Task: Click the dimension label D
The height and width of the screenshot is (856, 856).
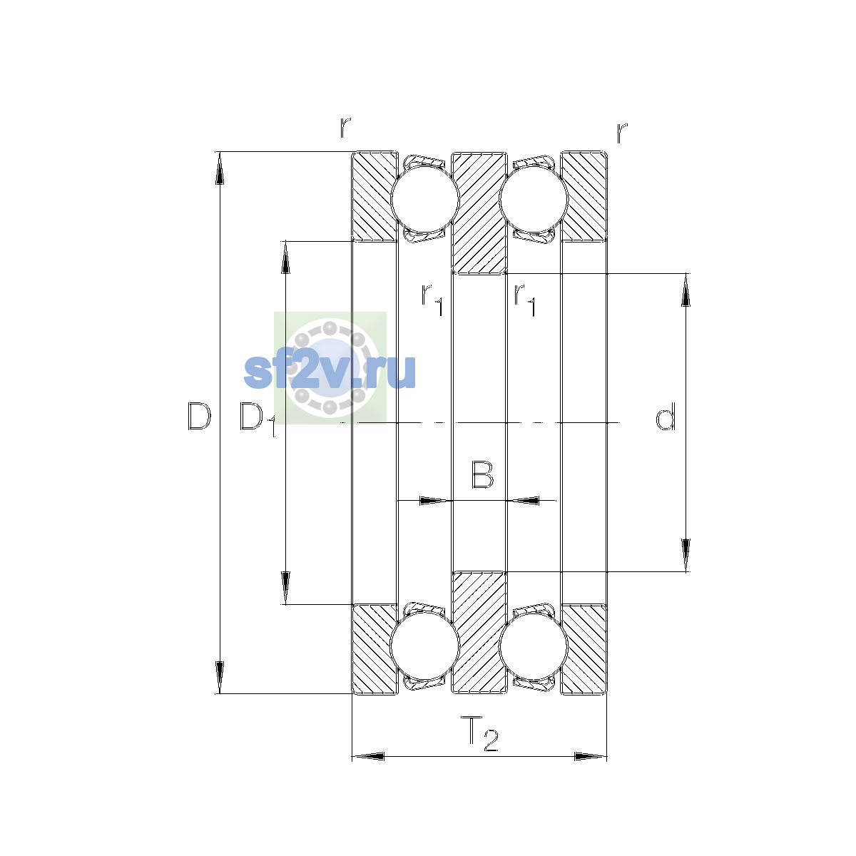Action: (200, 416)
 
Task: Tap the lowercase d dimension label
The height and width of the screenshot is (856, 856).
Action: (666, 416)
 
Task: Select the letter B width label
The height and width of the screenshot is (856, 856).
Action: (482, 474)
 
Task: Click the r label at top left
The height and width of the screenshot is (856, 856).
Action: (345, 127)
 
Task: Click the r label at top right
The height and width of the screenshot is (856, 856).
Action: (622, 133)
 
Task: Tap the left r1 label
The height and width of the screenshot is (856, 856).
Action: (432, 300)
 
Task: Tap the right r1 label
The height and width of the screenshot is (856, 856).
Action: (524, 300)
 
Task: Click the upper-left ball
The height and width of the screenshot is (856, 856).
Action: (424, 199)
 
